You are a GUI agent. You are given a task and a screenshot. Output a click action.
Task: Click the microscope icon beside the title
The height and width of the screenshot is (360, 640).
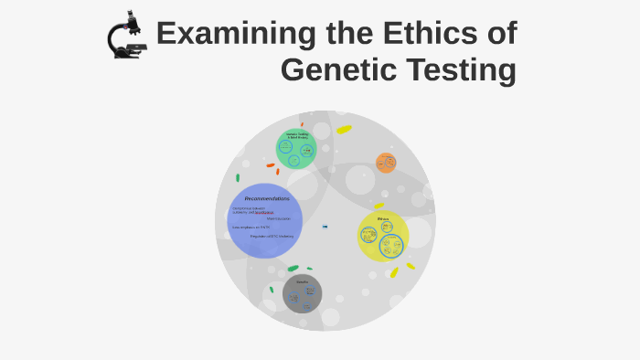tap(127, 37)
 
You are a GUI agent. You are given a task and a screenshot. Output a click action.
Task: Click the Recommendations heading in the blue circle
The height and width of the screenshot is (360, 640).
tap(267, 198)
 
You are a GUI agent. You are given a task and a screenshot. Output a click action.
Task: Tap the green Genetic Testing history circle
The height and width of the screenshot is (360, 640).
tap(296, 148)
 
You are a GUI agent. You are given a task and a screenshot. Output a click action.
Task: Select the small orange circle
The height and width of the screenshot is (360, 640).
tap(386, 163)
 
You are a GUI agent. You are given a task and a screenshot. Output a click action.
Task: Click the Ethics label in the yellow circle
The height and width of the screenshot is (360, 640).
tap(383, 219)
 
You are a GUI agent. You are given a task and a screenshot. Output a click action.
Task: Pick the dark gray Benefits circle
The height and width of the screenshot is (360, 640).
tap(302, 293)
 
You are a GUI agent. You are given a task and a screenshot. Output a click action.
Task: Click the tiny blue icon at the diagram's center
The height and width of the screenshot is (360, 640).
tap(325, 226)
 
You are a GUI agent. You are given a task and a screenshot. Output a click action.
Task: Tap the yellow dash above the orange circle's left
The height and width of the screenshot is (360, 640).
tap(344, 130)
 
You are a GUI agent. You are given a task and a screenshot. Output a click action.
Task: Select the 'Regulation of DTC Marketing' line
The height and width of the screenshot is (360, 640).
tap(272, 236)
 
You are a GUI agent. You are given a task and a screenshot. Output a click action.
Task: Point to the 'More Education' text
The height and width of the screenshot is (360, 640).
tap(279, 218)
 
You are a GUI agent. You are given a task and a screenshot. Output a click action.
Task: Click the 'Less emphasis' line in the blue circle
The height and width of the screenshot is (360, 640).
tap(251, 228)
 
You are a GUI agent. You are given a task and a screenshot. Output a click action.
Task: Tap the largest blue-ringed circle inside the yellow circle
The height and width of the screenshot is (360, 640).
tap(391, 246)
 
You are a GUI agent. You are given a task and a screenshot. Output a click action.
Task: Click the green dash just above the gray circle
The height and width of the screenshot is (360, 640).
tap(293, 269)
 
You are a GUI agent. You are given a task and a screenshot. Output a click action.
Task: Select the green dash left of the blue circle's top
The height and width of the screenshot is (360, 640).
tap(238, 178)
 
